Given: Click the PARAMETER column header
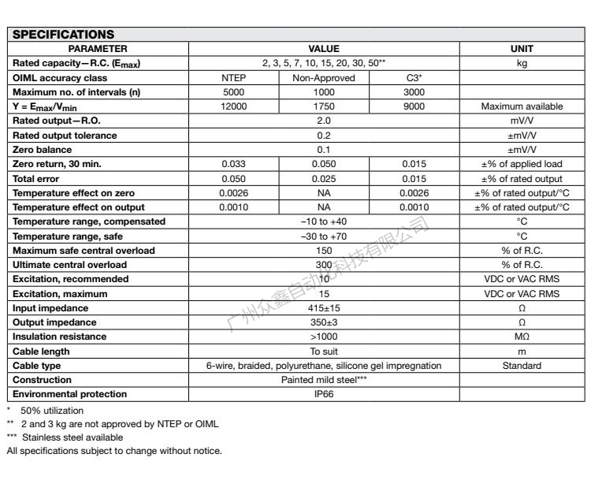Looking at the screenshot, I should click(x=98, y=49).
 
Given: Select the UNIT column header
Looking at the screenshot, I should click(x=522, y=49).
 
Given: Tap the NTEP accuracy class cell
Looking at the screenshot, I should click(x=236, y=78).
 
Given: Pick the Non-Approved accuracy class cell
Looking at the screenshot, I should click(x=324, y=78).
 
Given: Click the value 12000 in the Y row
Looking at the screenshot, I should click(x=236, y=106).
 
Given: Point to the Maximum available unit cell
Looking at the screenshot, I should click(x=522, y=106).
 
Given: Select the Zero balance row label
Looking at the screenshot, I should click(x=42, y=150).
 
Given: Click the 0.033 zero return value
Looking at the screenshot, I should click(x=236, y=164).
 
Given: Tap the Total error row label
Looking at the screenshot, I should click(x=37, y=179).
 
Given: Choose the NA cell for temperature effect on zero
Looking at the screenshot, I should click(x=324, y=193).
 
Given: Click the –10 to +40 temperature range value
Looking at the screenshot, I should click(x=323, y=221).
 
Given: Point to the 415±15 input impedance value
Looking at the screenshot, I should click(x=323, y=307).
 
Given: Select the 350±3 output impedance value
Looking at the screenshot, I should click(x=323, y=322).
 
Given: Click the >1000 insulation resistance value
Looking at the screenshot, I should click(x=323, y=336).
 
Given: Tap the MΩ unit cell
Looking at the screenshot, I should click(x=522, y=336).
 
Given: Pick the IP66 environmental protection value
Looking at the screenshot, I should click(x=323, y=393).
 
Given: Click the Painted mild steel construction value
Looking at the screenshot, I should click(x=324, y=379).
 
